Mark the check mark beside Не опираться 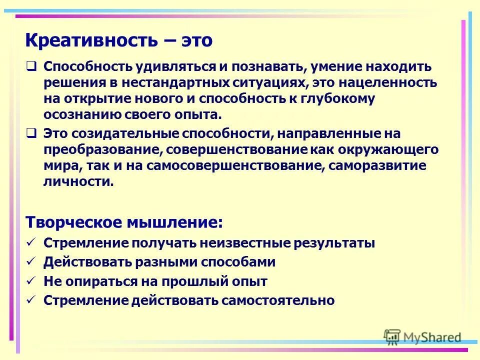click(x=31, y=280)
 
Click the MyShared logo click(x=422, y=337)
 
